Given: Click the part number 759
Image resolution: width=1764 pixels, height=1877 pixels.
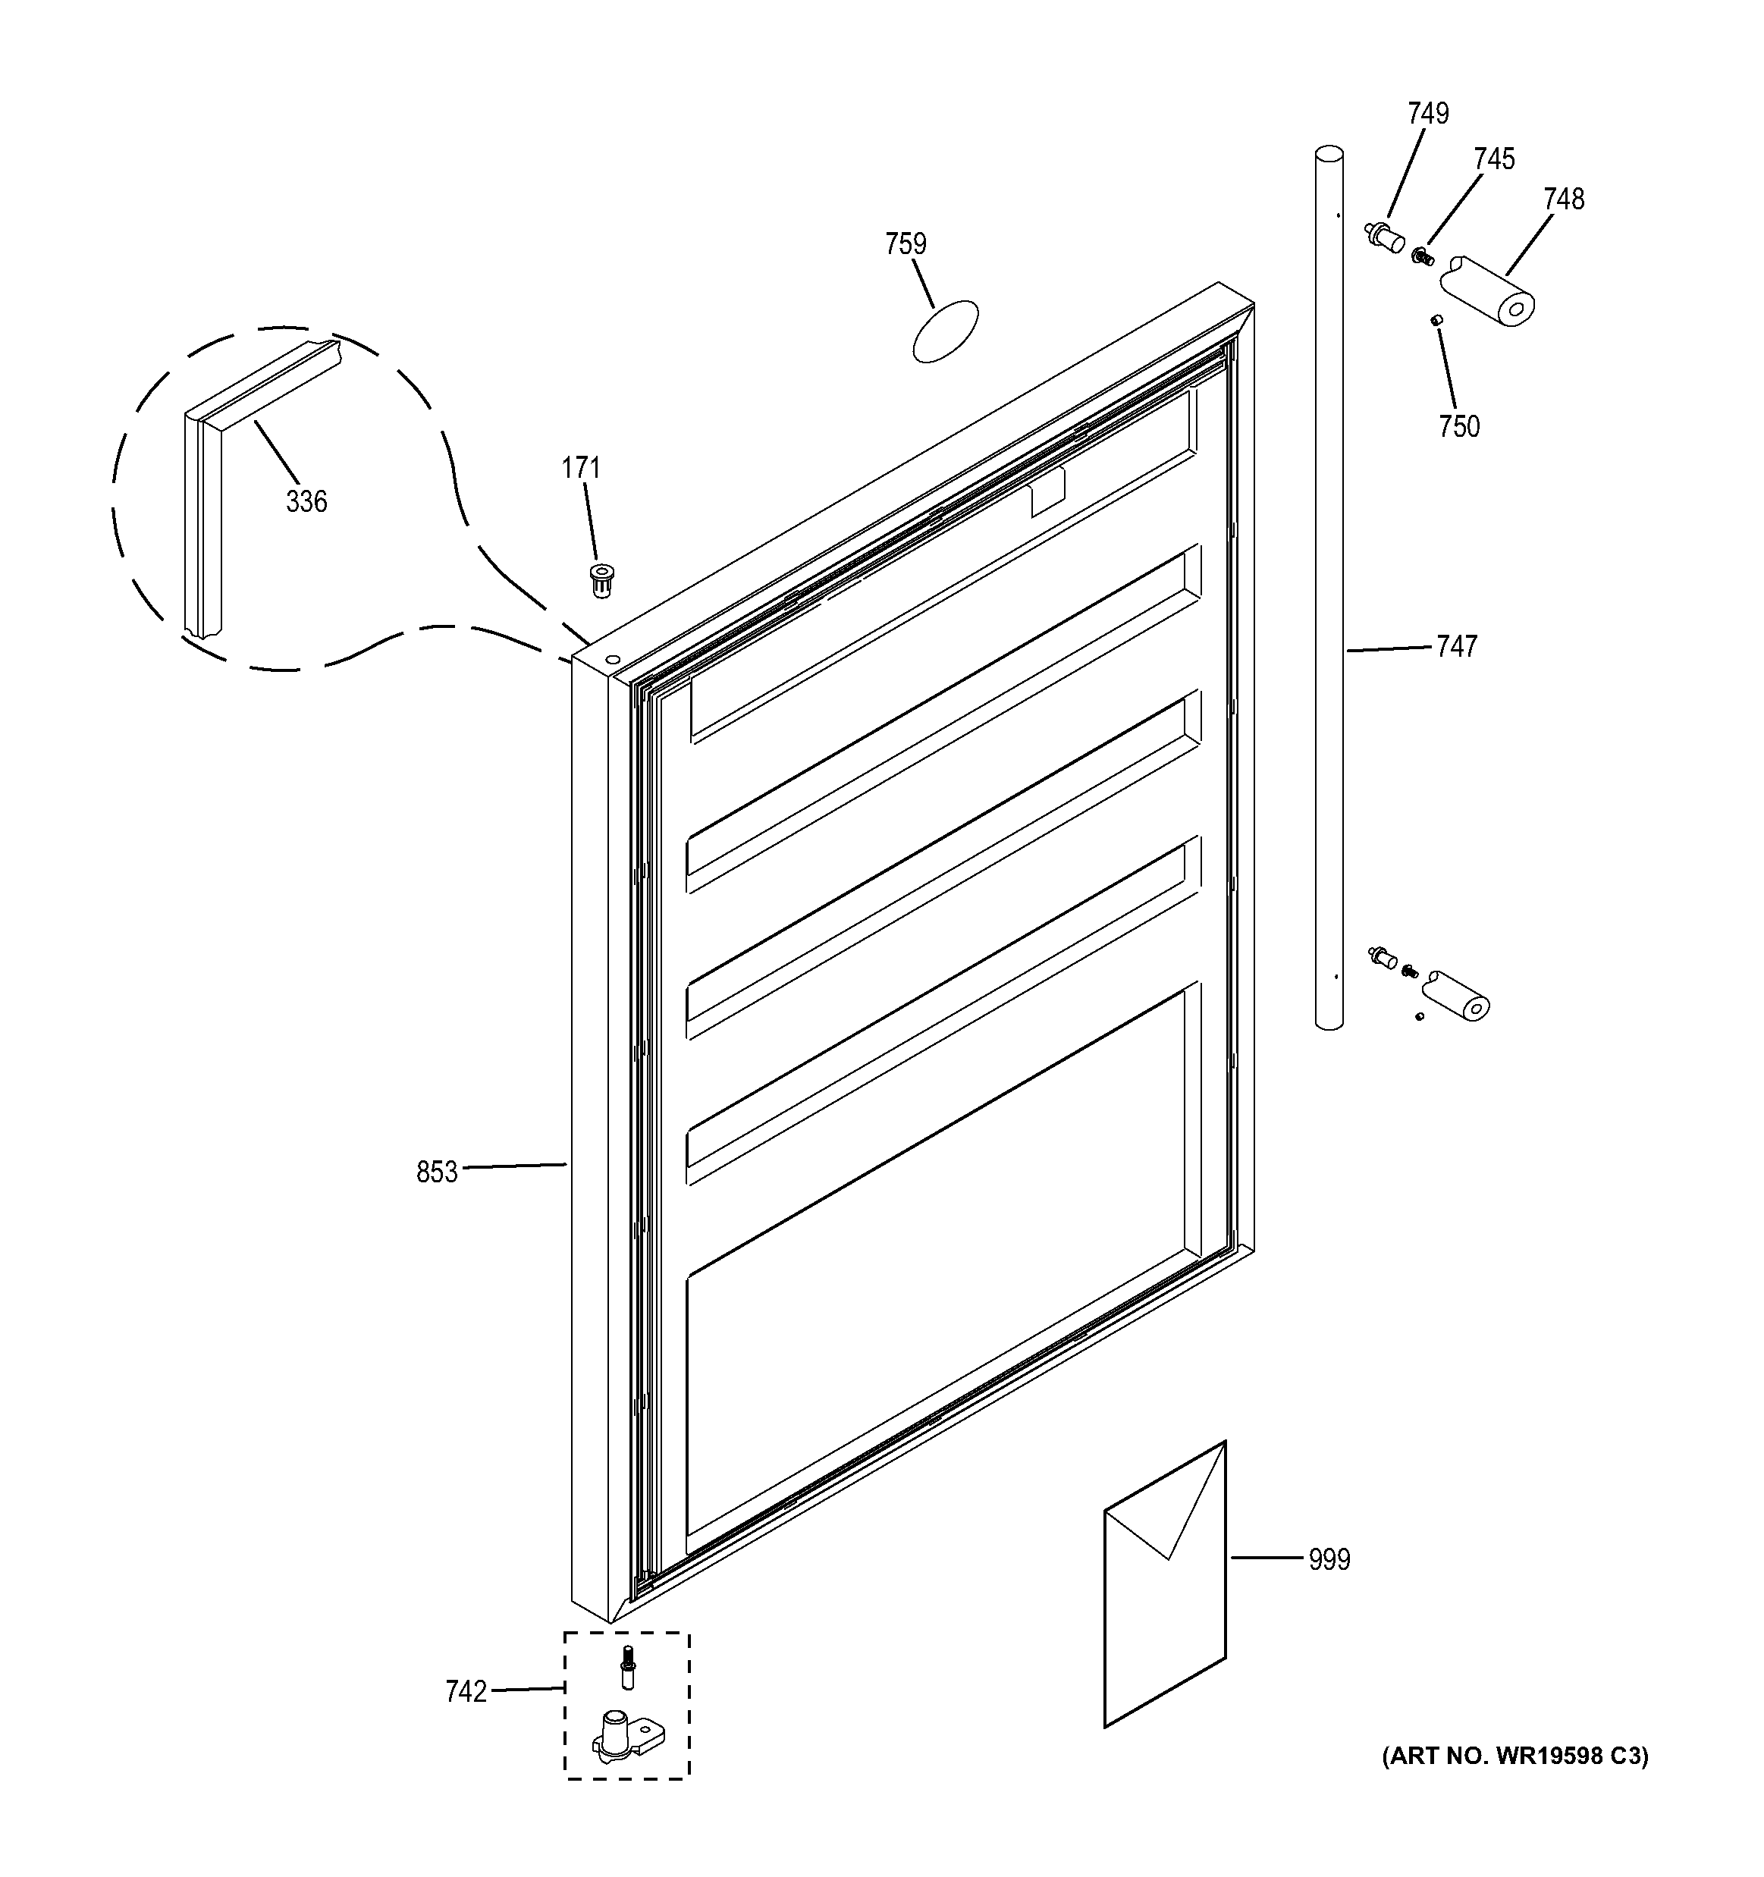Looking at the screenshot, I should [906, 244].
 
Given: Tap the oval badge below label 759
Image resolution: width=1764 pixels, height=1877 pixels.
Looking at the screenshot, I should [945, 332].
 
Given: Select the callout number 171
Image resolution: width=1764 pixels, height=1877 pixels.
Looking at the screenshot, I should [581, 469].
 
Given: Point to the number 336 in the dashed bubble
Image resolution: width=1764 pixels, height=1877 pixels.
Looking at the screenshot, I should [307, 501].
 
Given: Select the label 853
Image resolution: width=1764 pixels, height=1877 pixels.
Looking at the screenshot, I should [436, 1172].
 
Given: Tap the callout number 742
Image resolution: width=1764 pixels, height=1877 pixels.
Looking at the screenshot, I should [466, 1691].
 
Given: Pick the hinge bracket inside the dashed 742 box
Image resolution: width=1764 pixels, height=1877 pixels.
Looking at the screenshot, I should [623, 1735].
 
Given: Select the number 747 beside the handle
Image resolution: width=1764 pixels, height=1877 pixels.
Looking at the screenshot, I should [1456, 647].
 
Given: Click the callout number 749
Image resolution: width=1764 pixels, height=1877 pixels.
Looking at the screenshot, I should [1428, 115].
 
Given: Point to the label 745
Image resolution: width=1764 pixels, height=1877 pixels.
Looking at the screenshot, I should [1494, 159].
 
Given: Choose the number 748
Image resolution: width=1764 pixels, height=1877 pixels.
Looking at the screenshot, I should [1564, 199].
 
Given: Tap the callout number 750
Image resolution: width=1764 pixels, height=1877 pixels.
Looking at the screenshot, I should [1459, 427].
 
